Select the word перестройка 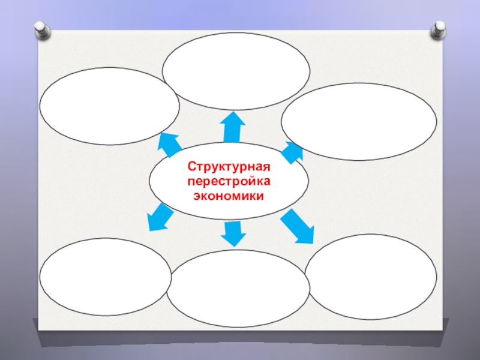coord(229,181)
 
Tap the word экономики coord(229,196)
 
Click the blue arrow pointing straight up coord(232,128)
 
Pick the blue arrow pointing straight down coord(232,233)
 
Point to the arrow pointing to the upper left coord(170,143)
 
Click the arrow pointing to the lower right coord(298,227)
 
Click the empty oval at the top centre coord(236,72)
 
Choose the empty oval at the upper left coord(109,106)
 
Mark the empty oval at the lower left coord(105,277)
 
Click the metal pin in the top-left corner coord(41,28)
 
